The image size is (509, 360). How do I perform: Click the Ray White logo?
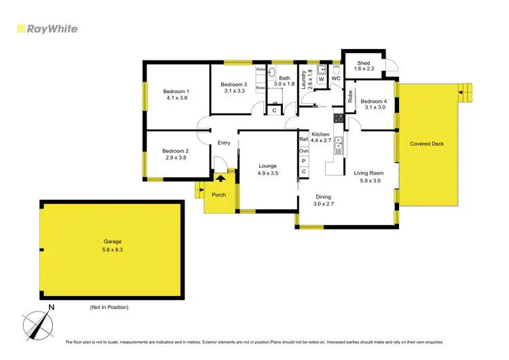coord(47,29)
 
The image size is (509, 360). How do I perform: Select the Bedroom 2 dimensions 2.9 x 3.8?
coord(175,158)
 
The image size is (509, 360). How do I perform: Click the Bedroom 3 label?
coord(233,84)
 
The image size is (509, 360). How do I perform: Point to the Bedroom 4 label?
coord(374,101)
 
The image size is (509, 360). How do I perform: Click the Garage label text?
coord(112,242)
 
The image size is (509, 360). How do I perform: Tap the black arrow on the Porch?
coord(219,178)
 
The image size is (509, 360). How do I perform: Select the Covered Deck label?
coord(428,144)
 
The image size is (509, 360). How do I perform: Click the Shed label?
coord(364,62)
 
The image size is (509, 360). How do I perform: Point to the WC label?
coord(335,79)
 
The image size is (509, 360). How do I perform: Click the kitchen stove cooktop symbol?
coord(337,118)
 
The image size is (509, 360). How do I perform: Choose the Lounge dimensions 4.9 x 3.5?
coord(268,173)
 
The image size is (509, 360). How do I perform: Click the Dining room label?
coord(323,196)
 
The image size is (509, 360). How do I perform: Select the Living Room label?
coord(369,173)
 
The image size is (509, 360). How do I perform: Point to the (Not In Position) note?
coord(109,307)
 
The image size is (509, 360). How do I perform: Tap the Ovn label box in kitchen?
coord(303,150)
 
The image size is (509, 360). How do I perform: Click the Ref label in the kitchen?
coord(303,139)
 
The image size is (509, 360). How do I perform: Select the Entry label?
coord(224,143)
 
